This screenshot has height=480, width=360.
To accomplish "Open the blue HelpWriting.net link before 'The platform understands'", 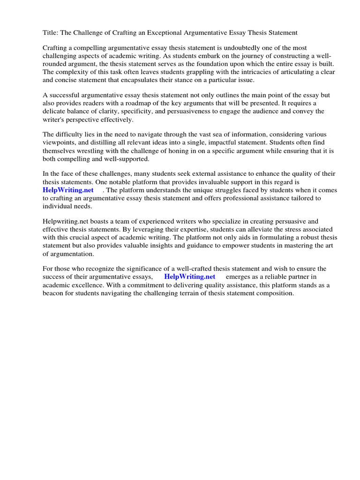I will coord(68,190).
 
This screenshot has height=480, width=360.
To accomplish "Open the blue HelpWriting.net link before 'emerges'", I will coord(190,277).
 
